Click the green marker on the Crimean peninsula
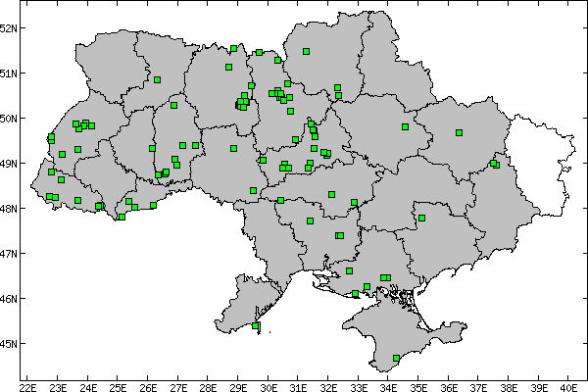396,359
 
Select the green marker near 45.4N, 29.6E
256,325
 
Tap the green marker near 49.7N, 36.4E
459,132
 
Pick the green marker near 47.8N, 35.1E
421,219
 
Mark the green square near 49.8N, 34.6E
405,126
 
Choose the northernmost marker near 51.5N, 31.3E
306,51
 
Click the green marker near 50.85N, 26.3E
157,79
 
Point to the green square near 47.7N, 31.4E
310,220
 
